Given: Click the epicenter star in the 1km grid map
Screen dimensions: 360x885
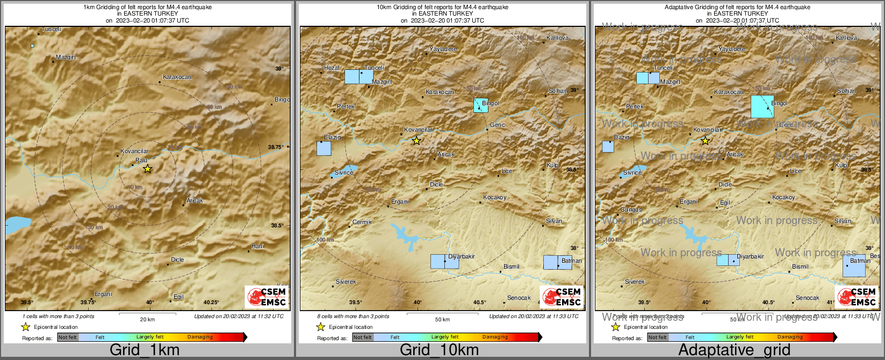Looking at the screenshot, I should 147,169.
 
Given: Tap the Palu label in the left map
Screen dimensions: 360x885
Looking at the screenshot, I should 141,160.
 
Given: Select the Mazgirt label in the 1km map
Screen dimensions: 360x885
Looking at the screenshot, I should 66,57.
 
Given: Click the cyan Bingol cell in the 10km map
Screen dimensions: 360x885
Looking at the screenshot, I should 481,105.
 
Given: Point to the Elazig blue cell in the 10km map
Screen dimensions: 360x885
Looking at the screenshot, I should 323,148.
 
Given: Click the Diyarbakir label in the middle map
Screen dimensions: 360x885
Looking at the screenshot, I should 462,256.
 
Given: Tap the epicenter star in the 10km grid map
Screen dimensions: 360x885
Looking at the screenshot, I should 416,141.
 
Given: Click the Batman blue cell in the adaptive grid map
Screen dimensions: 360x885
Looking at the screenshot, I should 854,265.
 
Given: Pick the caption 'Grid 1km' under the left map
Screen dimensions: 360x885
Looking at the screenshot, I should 145,350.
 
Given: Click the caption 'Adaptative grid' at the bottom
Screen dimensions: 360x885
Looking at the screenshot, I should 734,350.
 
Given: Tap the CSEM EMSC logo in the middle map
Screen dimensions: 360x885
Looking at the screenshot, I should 562,297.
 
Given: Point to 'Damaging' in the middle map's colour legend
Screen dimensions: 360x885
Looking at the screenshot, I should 495,337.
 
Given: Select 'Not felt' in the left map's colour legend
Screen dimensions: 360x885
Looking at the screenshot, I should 68,337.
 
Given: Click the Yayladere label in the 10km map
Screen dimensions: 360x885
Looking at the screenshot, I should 443,49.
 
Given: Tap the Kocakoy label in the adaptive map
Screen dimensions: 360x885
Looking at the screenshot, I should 783,197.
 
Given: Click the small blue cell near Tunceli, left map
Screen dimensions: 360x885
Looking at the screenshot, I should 33,46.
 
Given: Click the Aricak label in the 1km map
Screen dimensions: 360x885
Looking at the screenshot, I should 195,200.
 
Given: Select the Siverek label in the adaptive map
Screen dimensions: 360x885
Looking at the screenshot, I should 635,282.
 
